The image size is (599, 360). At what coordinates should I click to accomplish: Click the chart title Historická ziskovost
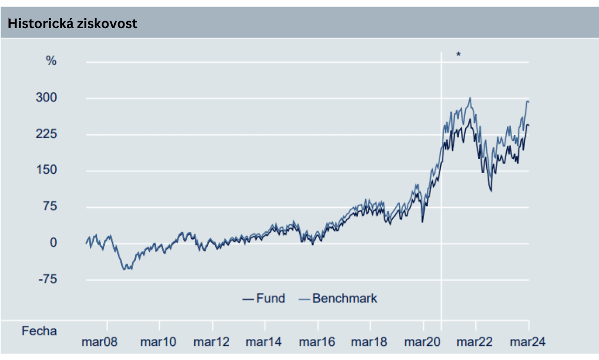73,23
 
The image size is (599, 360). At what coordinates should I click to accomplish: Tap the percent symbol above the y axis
51,61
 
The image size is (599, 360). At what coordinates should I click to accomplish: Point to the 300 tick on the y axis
47,98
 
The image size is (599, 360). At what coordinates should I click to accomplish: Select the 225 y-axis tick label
47,134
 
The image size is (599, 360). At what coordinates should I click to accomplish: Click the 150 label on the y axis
47,170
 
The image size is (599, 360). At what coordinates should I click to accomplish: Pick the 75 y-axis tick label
50,207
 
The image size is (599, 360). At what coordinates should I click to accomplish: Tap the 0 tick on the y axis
53,243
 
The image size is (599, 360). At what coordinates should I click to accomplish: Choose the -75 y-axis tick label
47,279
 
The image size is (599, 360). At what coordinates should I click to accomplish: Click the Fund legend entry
264,298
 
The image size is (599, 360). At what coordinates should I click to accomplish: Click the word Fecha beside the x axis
39,331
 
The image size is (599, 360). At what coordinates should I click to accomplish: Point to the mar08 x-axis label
99,342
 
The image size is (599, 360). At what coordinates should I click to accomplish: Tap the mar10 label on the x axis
158,342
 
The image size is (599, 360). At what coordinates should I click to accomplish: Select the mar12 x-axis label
212,342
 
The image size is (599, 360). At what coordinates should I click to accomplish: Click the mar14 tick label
264,342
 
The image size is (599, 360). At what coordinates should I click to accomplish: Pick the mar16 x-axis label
317,342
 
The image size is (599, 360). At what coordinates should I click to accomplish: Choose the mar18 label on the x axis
369,342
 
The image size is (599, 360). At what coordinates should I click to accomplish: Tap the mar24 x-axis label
527,342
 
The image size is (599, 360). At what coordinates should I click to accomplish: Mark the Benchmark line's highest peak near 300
470,98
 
